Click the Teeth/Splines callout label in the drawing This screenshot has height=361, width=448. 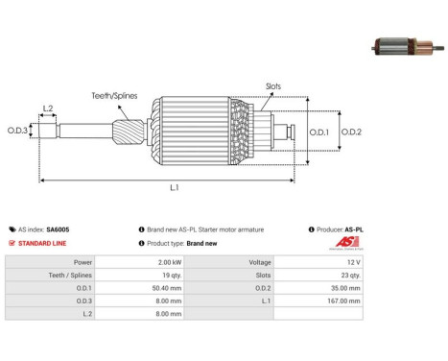click(114, 96)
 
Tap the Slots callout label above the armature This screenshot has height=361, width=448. click(273, 86)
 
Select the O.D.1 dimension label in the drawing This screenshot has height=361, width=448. click(318, 132)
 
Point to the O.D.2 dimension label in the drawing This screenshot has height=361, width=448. click(351, 132)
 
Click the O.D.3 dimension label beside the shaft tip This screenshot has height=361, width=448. click(17, 131)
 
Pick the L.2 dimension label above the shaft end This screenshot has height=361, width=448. click(48, 108)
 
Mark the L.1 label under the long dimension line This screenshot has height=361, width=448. click(175, 187)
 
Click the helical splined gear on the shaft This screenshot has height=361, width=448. click(129, 131)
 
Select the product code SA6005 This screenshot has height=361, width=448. click(58, 229)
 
